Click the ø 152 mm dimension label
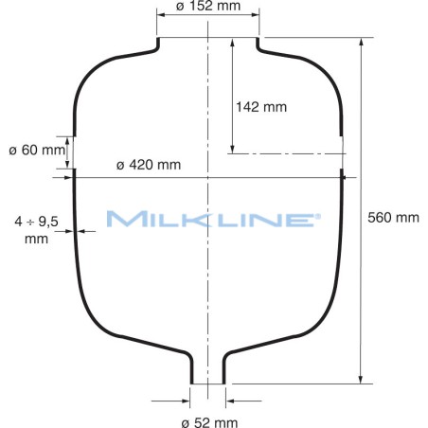[207, 9]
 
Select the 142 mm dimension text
[260, 106]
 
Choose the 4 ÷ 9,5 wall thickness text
[37, 229]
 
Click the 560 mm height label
[392, 217]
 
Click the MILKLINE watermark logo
[212, 220]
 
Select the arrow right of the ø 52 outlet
[230, 384]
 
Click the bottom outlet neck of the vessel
[207, 365]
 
